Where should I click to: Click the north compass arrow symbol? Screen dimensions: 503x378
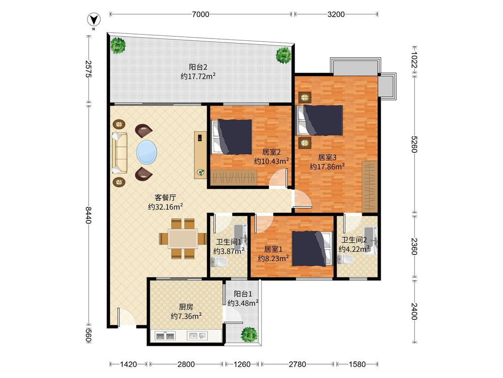tap(94, 20)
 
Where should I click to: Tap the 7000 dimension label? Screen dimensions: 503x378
tap(200, 14)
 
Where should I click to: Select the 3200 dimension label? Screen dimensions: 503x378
tap(336, 14)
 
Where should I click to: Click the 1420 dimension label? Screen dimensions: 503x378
tap(128, 364)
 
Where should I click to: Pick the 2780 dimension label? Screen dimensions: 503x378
tap(297, 364)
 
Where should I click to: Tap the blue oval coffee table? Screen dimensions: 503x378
tap(147, 152)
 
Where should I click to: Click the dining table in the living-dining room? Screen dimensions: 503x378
tap(183, 239)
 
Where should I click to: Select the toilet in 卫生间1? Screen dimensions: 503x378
tap(219, 262)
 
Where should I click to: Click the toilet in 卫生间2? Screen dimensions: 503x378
tap(345, 259)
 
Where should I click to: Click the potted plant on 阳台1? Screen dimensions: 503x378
tap(249, 335)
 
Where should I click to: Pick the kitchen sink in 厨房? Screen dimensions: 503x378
tap(197, 336)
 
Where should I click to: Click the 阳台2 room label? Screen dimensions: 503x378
tap(198, 67)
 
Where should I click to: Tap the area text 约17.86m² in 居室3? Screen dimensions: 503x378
tap(327, 167)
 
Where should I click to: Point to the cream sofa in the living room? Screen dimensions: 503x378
tap(119, 153)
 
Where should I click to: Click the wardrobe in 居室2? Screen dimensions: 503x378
tap(234, 177)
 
